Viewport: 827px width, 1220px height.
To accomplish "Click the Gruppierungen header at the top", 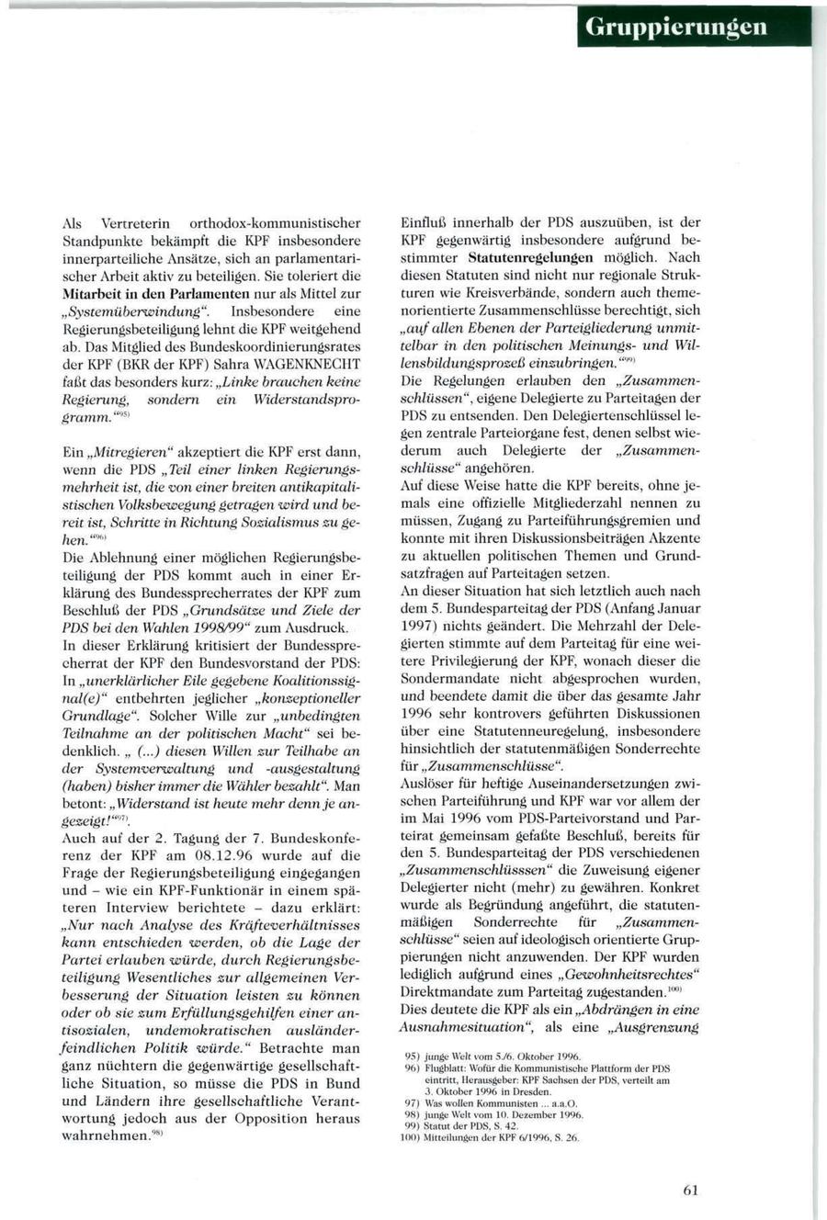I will point(696,27).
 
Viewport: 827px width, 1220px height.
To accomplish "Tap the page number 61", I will point(691,1190).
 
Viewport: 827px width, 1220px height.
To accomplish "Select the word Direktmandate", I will point(441,992).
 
